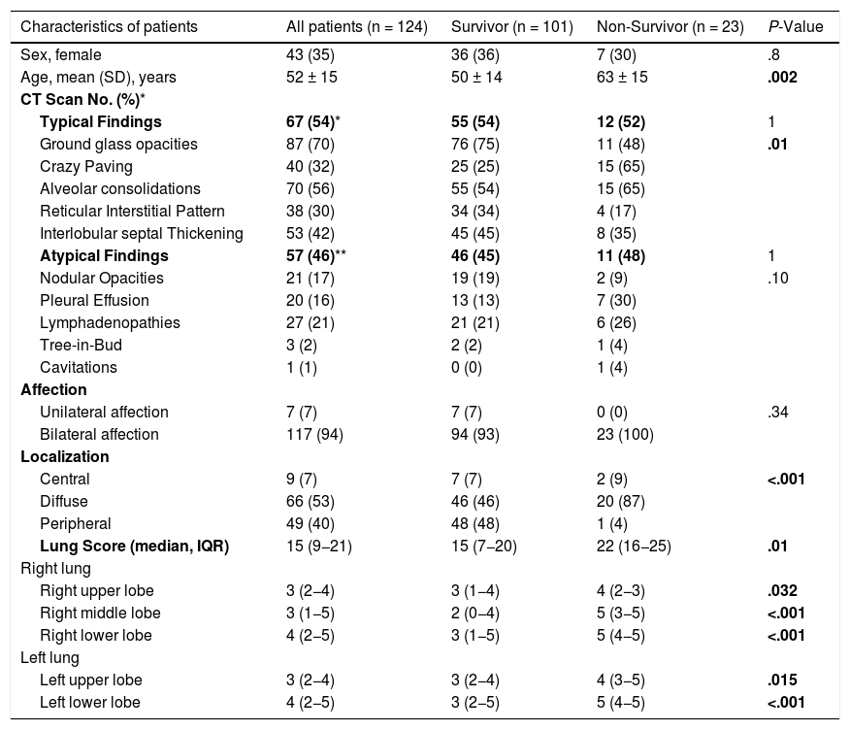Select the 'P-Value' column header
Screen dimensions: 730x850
coord(795,27)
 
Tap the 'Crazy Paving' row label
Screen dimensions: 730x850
coord(86,166)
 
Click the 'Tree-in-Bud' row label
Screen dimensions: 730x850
coord(81,345)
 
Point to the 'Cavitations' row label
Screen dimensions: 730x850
coord(79,367)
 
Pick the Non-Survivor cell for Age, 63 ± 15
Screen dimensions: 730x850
coord(622,77)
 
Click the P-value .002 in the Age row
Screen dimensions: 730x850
coord(783,77)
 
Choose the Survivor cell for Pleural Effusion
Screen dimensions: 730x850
coord(475,300)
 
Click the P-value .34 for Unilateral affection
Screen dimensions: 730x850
coord(777,412)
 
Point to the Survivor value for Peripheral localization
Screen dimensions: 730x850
coord(475,523)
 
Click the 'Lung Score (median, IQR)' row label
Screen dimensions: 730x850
coord(134,546)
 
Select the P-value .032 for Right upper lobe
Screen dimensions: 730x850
coord(783,590)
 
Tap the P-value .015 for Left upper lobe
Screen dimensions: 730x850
coord(783,680)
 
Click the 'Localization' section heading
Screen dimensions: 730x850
coord(65,456)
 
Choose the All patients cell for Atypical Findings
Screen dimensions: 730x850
coord(315,255)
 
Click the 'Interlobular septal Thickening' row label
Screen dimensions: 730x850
coord(142,233)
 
